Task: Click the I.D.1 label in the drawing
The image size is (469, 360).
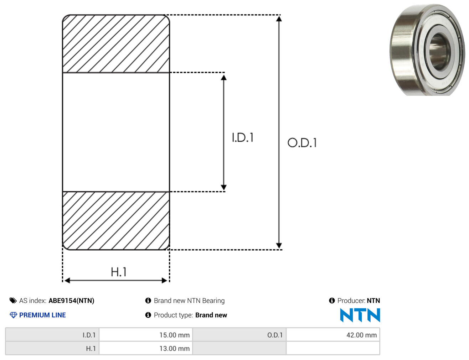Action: pos(243,137)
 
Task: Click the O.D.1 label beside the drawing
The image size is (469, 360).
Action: pos(302,143)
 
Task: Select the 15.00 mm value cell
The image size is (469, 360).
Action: pos(146,335)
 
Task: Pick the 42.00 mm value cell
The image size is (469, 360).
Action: pos(333,335)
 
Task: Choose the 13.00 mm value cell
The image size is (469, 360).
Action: pos(146,348)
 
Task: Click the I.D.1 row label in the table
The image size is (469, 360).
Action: pos(52,335)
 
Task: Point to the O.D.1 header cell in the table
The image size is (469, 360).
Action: pos(239,335)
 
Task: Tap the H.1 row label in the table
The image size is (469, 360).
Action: pos(52,348)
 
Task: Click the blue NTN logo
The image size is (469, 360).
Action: pos(360,315)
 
